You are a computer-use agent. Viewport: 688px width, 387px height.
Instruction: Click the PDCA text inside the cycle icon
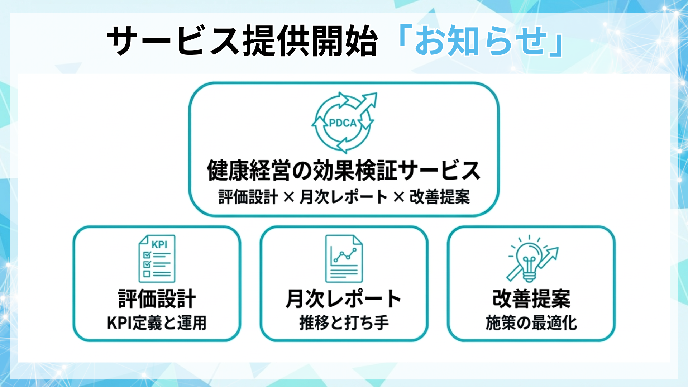tap(343, 123)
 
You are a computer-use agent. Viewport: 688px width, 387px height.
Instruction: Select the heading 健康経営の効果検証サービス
tap(344, 171)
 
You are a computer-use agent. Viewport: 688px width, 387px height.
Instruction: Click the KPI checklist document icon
tap(157, 258)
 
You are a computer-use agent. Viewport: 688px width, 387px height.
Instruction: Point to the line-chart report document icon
tap(344, 258)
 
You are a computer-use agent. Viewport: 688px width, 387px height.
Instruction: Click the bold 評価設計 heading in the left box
tap(157, 298)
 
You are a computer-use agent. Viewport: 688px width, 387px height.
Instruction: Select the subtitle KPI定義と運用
tap(157, 323)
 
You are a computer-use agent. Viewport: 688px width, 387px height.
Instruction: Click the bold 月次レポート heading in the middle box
tap(344, 298)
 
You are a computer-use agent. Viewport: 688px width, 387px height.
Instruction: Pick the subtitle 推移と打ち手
tap(344, 323)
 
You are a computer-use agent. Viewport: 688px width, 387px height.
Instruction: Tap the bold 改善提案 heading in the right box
tap(531, 298)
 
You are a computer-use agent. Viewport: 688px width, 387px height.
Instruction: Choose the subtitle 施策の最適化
tap(531, 323)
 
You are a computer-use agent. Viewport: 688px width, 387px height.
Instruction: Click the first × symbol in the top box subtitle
tap(288, 197)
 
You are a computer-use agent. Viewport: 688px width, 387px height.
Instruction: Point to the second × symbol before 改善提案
tap(398, 197)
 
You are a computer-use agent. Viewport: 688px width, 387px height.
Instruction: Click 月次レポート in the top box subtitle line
tap(343, 197)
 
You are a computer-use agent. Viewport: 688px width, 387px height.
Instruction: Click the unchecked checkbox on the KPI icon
tap(147, 274)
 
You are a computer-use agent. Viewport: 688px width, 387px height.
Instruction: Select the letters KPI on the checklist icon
tap(159, 245)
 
